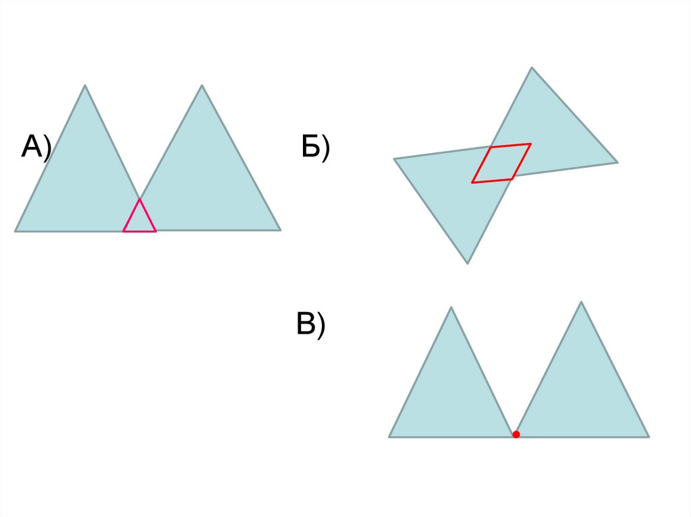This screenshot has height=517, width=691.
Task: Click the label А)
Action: coord(36,148)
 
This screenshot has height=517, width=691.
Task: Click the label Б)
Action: coord(315,148)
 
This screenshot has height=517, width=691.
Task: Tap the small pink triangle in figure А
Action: coord(140,220)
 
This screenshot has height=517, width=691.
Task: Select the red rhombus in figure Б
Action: coord(501,163)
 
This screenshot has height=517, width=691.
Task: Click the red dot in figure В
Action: coord(516,435)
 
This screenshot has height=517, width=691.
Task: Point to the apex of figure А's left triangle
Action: coord(85,86)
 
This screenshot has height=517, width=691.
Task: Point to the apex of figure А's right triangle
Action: coord(202,86)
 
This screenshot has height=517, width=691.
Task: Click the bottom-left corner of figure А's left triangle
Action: coord(16,231)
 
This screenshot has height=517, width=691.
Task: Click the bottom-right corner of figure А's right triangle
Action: coord(280,231)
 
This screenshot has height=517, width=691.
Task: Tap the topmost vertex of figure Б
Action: coord(532,67)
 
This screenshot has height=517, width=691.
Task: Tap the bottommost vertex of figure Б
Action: coord(468,263)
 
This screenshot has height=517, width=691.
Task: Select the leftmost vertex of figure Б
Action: coord(394,159)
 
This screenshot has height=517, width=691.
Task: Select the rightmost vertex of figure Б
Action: coord(617,162)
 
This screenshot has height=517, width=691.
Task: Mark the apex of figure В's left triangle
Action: coord(451,307)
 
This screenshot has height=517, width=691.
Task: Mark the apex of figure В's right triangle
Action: coord(581,302)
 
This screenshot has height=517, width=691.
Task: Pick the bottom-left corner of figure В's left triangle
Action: coord(389,437)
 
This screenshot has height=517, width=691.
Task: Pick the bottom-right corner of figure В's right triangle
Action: coord(648,437)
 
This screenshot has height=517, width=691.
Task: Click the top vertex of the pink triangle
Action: coord(140,200)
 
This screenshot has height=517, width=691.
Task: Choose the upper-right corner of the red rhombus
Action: coord(530,144)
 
